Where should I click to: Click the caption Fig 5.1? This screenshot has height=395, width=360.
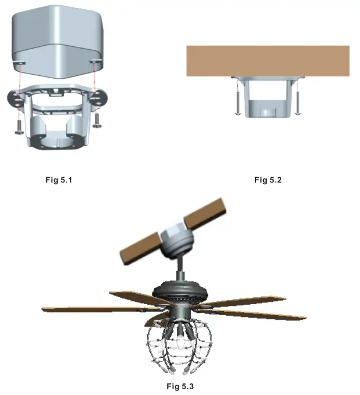59,180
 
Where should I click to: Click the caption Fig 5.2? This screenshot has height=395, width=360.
268,180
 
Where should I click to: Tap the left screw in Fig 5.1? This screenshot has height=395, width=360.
19,125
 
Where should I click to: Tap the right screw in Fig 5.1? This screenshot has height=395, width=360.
97,119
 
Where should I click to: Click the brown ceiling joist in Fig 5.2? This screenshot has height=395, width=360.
267,61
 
